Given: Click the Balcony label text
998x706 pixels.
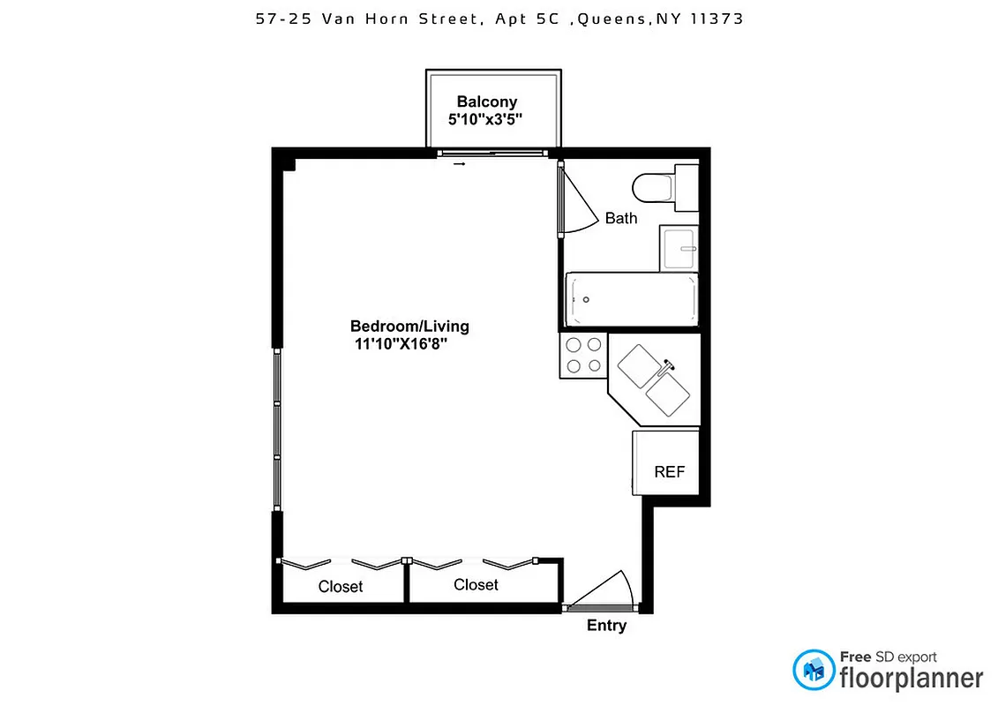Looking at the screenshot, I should point(487,101).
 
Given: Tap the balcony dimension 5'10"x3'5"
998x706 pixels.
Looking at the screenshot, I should point(486,120).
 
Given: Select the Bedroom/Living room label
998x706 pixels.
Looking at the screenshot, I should point(409,326).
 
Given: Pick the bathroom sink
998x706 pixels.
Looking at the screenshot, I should point(679,248).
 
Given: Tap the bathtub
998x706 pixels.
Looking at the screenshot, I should point(631,300).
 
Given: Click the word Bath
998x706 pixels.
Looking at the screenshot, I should point(621,218).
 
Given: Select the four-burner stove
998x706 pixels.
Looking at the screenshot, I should point(583,355).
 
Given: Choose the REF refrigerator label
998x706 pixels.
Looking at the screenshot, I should point(669,472).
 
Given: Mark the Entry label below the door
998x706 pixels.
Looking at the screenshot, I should point(607,626).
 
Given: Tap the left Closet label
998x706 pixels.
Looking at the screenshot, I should point(341,586).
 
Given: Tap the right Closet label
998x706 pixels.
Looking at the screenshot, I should point(476,584).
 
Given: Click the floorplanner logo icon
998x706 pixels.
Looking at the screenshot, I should point(813,670).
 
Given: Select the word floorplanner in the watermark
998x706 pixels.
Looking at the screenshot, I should point(911,678).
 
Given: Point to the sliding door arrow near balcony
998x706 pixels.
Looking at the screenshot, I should point(459,163).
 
